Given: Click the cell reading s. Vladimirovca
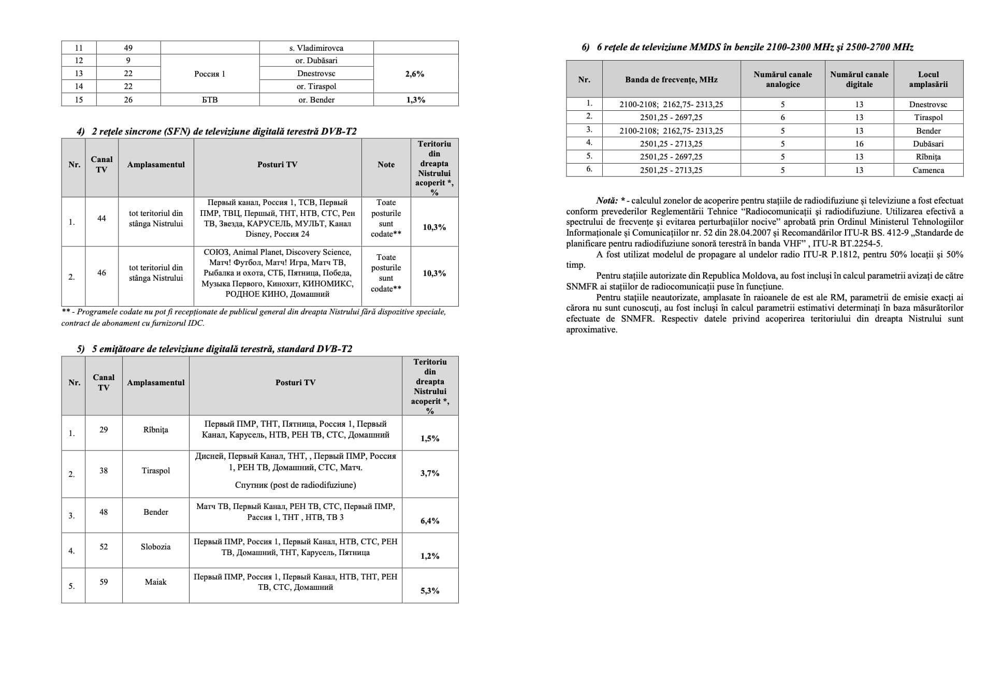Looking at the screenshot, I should (x=316, y=48).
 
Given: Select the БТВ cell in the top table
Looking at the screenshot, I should (x=210, y=99).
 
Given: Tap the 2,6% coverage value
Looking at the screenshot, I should (x=415, y=74).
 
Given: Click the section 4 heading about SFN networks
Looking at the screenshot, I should (x=216, y=131).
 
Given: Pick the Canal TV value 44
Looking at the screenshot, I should (x=101, y=219).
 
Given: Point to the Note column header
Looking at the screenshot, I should (x=386, y=164).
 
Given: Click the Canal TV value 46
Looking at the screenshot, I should (x=101, y=272).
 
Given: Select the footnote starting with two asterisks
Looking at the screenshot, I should (x=253, y=317).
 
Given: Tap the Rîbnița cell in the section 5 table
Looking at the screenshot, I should (x=155, y=429).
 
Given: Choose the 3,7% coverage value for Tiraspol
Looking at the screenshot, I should (x=430, y=473).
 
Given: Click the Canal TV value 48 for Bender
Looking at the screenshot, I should (x=104, y=512).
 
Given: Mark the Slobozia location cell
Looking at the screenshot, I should (x=155, y=546).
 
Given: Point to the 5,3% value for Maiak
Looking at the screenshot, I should (x=430, y=590).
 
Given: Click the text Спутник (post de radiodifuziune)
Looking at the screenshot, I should (x=295, y=485).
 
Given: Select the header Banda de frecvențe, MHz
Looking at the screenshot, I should (x=671, y=79).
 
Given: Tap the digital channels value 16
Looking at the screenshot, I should (x=859, y=143).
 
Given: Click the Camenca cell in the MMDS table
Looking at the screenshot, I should (x=928, y=170).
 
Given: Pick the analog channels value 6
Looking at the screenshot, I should (x=782, y=117).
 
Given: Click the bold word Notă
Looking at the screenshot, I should (x=606, y=200).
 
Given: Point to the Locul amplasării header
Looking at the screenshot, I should (x=928, y=79).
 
